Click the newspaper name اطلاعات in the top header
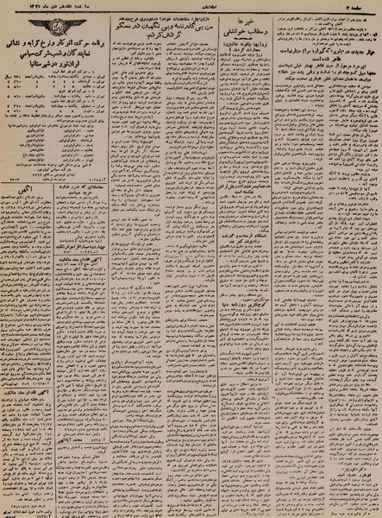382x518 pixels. click(x=191, y=7)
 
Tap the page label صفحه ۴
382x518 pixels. click(x=363, y=7)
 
